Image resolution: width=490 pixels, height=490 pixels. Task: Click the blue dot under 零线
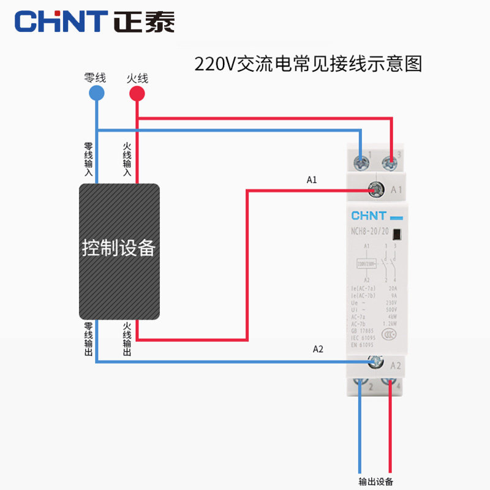point(96,93)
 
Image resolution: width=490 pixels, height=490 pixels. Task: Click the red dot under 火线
point(137,94)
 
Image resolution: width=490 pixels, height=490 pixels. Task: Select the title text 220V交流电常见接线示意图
point(308,64)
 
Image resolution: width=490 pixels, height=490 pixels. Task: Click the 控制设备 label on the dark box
point(119,248)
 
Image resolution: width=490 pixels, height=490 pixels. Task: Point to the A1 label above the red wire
point(312,180)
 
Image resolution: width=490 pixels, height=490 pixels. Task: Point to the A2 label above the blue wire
point(318,349)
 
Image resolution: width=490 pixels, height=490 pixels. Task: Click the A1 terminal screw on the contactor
point(374,190)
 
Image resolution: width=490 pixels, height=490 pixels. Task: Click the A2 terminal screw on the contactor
point(374,364)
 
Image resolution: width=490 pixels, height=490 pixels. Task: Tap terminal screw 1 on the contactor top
point(361,162)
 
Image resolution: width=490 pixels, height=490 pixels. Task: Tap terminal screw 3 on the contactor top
point(388,162)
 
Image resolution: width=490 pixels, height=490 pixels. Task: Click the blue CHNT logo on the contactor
point(369,216)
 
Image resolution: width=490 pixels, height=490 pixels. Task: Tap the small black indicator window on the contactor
point(397,233)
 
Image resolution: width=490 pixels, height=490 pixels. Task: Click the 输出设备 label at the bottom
point(375,481)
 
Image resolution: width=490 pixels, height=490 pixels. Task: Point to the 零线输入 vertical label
point(88,160)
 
